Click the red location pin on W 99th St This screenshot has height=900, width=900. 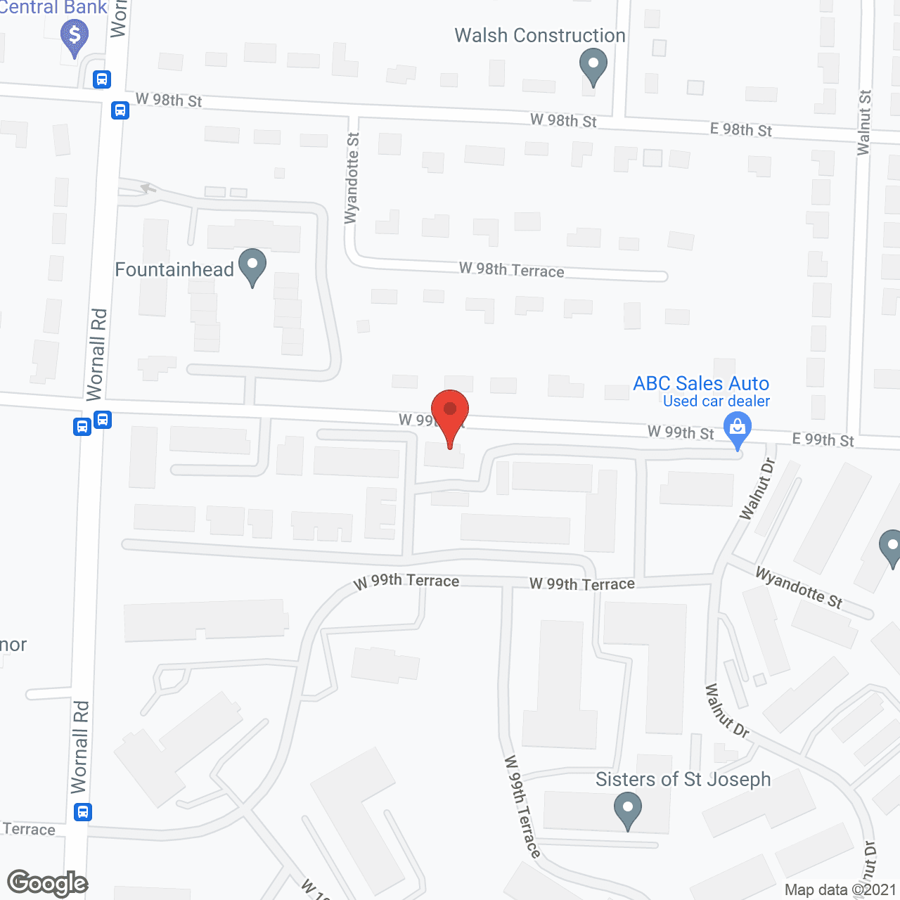(450, 411)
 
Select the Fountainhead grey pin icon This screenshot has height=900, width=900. (252, 266)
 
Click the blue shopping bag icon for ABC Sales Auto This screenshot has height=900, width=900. (737, 430)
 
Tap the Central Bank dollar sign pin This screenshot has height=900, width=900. (75, 36)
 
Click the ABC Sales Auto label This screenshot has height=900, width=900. (701, 383)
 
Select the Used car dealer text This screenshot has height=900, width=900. (716, 401)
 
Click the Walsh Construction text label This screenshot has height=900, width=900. (539, 35)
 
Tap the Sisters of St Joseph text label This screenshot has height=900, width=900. (683, 779)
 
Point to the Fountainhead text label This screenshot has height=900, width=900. (174, 269)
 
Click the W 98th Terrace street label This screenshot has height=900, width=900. (511, 270)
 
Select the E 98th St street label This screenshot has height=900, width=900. (740, 129)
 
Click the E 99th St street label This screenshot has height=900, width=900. (823, 439)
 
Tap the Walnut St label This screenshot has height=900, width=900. (864, 122)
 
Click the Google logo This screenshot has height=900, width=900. (47, 883)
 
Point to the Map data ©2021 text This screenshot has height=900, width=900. (840, 889)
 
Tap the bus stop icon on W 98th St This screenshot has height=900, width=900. (120, 110)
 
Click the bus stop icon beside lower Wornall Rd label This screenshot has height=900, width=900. (83, 812)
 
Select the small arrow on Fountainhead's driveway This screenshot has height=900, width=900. (148, 188)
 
